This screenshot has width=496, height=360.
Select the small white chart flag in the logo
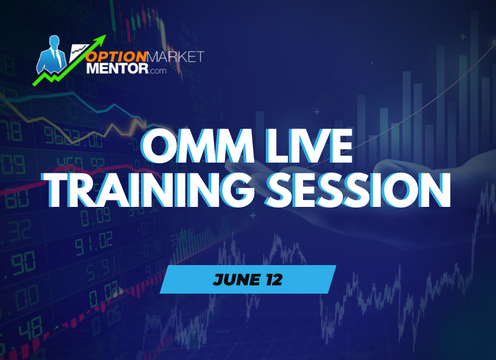click(x=78, y=49)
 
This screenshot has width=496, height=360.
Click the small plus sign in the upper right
click(x=462, y=37)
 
